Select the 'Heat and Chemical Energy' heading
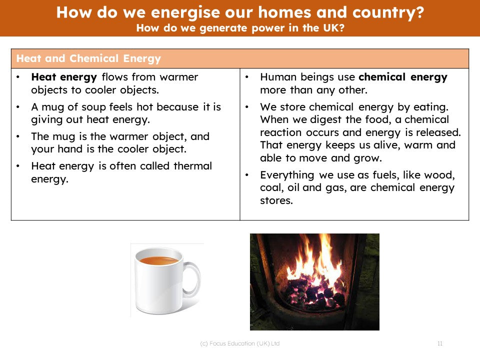pyautogui.click(x=88, y=58)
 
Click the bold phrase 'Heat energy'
pyautogui.click(x=64, y=77)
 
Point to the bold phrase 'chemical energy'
pyautogui.click(x=403, y=77)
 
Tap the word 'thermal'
pyautogui.click(x=192, y=166)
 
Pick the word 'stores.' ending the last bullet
pyautogui.click(x=276, y=200)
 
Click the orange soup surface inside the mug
pyautogui.click(x=158, y=261)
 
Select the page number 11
pyautogui.click(x=440, y=343)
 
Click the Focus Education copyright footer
pyautogui.click(x=239, y=343)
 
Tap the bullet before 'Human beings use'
pyautogui.click(x=246, y=77)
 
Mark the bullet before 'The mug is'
pyautogui.click(x=18, y=136)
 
